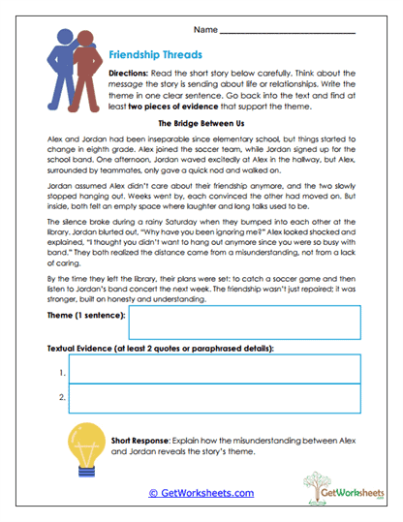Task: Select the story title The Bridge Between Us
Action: [x=201, y=125]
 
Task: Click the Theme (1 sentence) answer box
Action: [x=245, y=322]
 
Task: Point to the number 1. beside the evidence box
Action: [x=61, y=372]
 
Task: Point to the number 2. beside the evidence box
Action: [x=61, y=398]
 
